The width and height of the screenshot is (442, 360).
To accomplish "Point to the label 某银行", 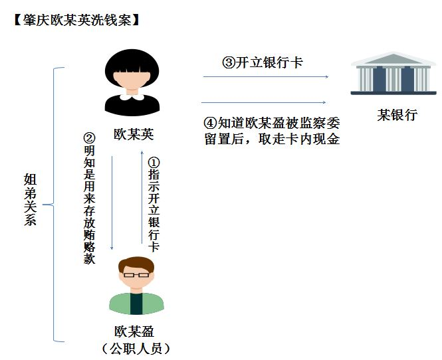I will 397,115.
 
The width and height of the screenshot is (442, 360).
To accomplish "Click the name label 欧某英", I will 134,134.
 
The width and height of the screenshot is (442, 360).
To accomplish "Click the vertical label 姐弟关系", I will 31,199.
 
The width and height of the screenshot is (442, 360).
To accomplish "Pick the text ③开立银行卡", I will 262,63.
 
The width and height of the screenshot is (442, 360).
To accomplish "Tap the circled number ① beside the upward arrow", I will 154,163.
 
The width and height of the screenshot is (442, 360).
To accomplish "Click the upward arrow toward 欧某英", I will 141,199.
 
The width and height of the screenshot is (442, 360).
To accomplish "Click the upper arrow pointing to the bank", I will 266,77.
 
